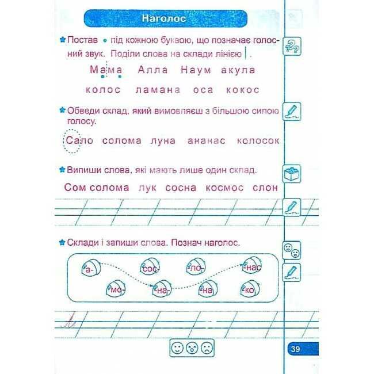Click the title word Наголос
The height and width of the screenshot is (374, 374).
[164, 19]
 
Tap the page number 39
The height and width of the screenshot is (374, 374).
[295, 349]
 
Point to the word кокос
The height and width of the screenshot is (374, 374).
[242, 90]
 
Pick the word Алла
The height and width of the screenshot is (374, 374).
[153, 70]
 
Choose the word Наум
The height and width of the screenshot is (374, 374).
[197, 70]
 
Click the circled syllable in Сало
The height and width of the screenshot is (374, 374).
[71, 141]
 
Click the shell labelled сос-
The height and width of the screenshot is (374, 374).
[150, 267]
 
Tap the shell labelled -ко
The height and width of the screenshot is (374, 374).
[250, 289]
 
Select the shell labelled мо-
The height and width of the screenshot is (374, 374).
[115, 289]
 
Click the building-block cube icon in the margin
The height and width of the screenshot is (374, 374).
[292, 172]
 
